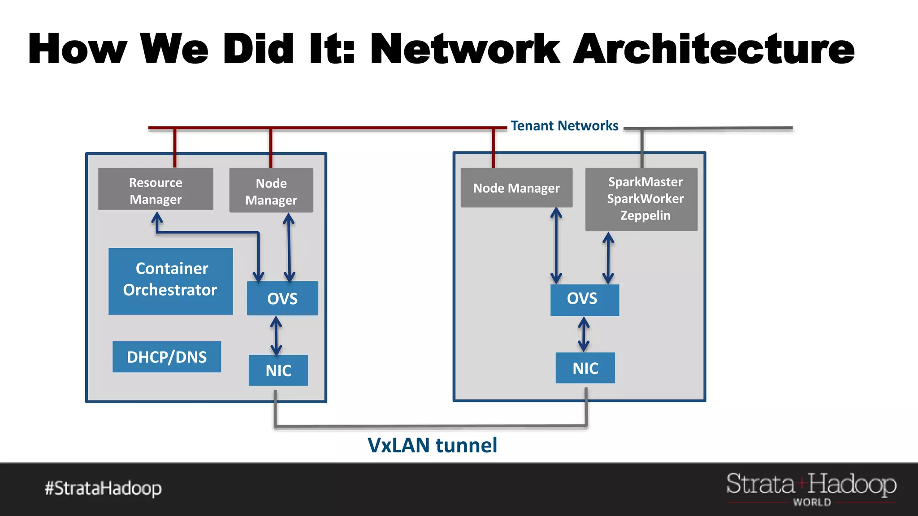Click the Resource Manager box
coord(156,189)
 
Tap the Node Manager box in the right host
coord(516,188)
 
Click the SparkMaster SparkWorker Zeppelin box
coord(641,199)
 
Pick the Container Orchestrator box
coord(170,281)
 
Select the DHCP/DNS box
coord(167,357)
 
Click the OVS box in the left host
coord(282,298)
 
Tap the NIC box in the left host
coord(278,370)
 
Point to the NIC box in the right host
coord(585,368)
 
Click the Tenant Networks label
coord(564,126)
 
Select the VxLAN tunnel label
coord(432,445)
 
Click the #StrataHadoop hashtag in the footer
coord(103,488)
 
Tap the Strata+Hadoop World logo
coord(811,489)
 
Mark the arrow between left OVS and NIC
coord(276,335)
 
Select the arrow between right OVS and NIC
coord(584,335)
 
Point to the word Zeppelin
coord(645,216)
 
